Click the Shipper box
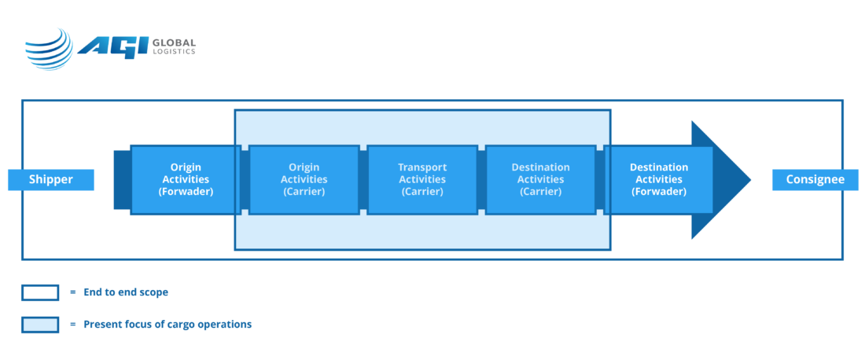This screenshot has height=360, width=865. (x=51, y=180)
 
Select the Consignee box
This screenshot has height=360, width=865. (x=815, y=180)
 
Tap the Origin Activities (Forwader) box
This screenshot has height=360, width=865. (x=186, y=180)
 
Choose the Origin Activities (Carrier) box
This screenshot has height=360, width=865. (x=304, y=180)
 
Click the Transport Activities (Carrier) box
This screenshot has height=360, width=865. (x=422, y=180)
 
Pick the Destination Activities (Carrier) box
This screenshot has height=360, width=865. (x=541, y=180)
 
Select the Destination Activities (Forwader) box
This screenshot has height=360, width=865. (x=659, y=180)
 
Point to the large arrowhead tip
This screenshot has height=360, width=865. (x=751, y=180)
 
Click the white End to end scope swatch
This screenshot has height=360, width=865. (x=40, y=292)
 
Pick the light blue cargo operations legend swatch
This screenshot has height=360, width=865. (x=40, y=324)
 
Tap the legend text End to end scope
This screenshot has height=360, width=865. (x=126, y=292)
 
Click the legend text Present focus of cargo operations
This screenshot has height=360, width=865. (x=167, y=324)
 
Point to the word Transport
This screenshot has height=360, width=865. (x=422, y=167)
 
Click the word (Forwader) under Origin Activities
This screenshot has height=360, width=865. (x=186, y=192)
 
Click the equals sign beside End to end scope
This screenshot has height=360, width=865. (x=73, y=292)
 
